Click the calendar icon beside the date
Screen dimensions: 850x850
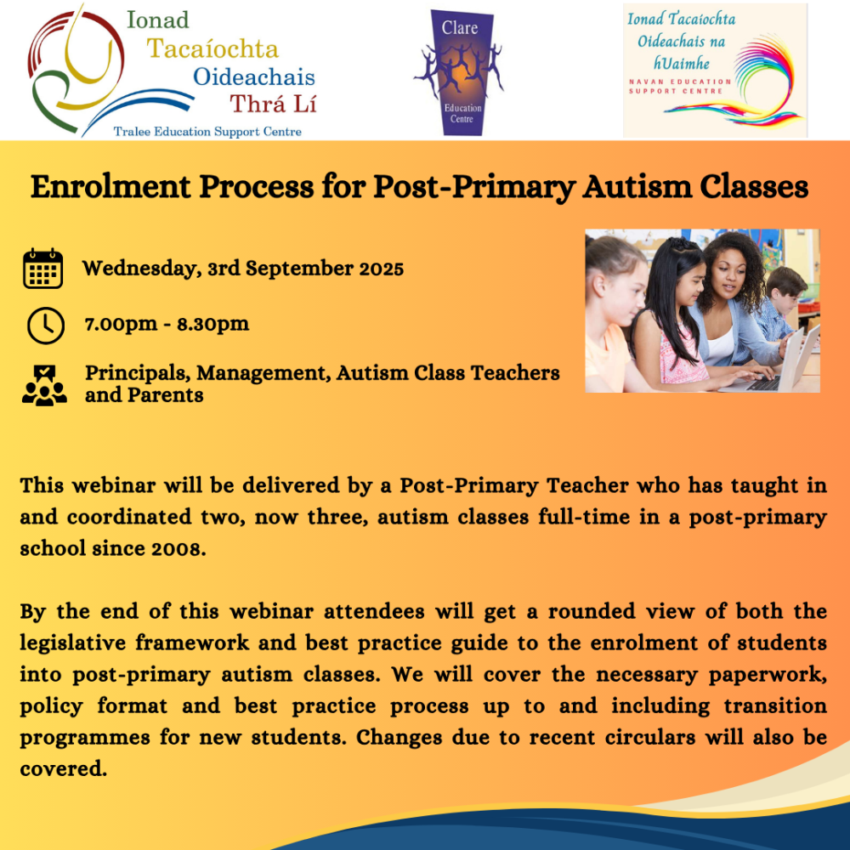42,269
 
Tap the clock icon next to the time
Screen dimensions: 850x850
45,326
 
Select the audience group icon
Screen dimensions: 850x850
44,384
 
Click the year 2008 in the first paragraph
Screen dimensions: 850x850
178,548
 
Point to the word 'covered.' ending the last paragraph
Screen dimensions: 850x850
64,768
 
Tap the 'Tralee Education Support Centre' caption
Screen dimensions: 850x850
207,132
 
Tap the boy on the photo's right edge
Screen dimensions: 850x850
786,293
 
